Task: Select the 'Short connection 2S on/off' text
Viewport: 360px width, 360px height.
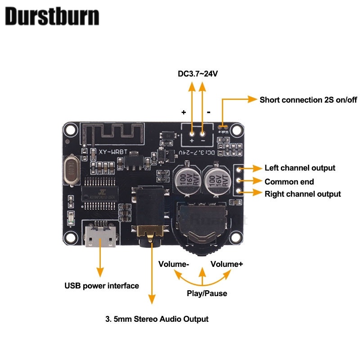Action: [308, 99]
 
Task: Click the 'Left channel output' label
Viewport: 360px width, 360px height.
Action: [300, 168]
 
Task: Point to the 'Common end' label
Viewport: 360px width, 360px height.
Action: [289, 182]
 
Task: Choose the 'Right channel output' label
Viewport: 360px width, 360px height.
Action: [302, 194]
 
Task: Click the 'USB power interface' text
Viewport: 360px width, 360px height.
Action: [102, 285]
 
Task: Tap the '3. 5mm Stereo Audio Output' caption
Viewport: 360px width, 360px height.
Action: [157, 319]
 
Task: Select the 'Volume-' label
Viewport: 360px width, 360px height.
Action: [173, 264]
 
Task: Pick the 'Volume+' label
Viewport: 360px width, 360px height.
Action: [227, 264]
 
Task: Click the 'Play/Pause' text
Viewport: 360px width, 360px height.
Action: [207, 293]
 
